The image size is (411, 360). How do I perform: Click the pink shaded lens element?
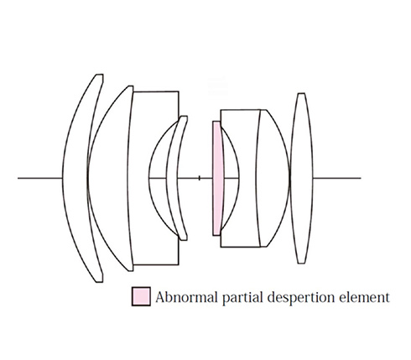[217, 178]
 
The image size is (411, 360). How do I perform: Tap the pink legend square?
[141, 296]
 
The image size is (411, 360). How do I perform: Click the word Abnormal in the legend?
[186, 297]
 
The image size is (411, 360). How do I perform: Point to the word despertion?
[301, 298]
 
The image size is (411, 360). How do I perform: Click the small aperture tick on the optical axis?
[199, 178]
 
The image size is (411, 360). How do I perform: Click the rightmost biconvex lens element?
[301, 178]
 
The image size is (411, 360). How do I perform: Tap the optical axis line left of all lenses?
[39, 178]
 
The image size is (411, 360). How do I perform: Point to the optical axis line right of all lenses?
[337, 178]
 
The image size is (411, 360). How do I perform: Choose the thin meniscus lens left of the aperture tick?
[172, 178]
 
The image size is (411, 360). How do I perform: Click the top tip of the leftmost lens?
[100, 75]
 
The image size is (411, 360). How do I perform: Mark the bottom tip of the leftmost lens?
[100, 282]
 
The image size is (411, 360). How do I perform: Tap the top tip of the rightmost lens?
[301, 93]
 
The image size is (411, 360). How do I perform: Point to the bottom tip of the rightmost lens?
[301, 263]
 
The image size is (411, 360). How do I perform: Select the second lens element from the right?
[273, 178]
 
